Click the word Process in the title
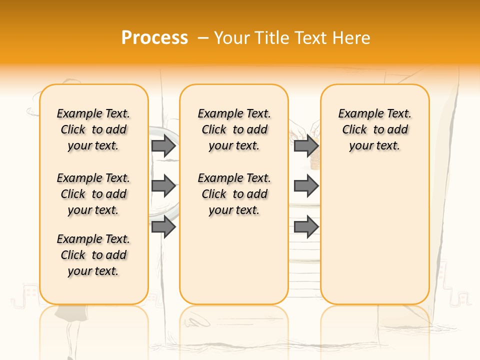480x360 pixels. [154, 37]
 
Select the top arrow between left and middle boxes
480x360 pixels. [163, 145]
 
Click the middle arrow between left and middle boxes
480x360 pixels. [163, 186]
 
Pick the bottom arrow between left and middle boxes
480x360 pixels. [163, 226]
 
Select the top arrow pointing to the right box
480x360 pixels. [306, 145]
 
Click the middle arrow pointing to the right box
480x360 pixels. [306, 186]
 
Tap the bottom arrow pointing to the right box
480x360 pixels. [306, 226]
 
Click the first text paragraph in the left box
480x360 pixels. [93, 129]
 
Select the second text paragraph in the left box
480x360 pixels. [93, 194]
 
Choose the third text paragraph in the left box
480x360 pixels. [93, 255]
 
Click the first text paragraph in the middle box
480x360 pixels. [234, 129]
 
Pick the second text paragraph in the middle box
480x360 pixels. [234, 194]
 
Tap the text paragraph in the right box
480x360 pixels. [374, 129]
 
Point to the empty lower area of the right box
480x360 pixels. [374, 235]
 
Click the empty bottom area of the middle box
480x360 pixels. [234, 265]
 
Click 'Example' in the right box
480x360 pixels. [357, 114]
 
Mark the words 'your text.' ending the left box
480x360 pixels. [93, 271]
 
